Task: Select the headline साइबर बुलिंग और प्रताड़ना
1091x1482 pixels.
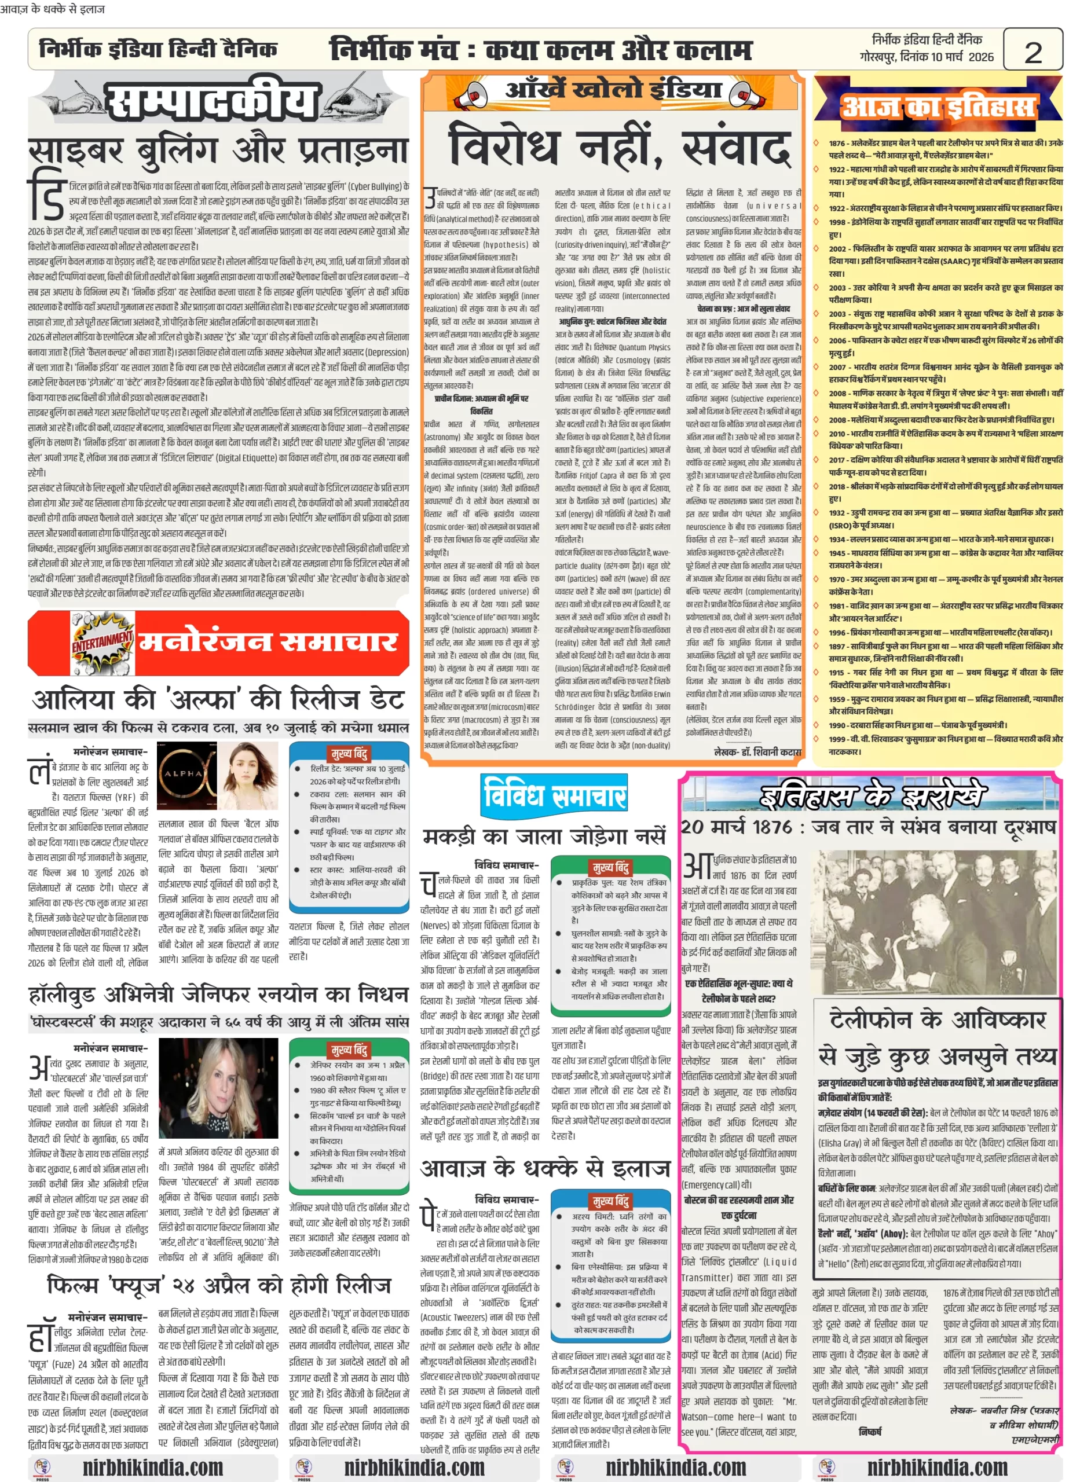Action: pyautogui.click(x=218, y=152)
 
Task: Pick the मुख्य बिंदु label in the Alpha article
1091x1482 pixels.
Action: pyautogui.click(x=349, y=753)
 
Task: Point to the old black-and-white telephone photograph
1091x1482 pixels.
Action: pyautogui.click(x=937, y=922)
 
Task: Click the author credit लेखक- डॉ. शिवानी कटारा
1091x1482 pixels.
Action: pyautogui.click(x=757, y=752)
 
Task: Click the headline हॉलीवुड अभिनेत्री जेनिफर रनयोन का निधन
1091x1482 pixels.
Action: pyautogui.click(x=218, y=994)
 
